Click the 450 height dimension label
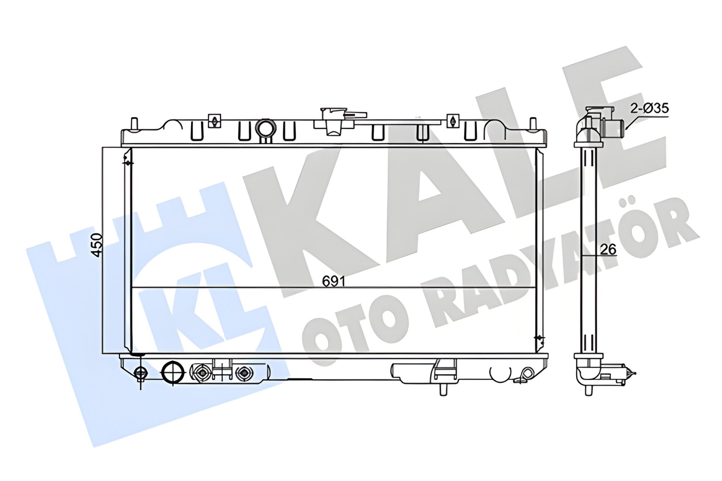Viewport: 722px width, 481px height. (97, 245)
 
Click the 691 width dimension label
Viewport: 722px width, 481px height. (333, 281)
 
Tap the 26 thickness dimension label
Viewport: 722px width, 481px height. (608, 249)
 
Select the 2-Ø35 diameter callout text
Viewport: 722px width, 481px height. (649, 109)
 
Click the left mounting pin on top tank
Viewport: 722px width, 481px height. (133, 124)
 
